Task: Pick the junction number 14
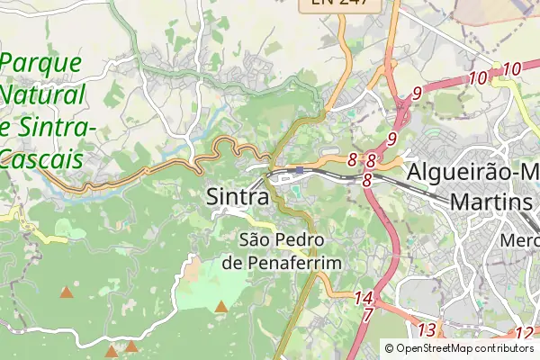[364, 297]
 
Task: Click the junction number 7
[367, 315]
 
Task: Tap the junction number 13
[427, 329]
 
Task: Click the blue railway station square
[300, 169]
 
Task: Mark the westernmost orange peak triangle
[66, 292]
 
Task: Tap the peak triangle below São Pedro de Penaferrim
[221, 307]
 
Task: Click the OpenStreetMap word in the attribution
[437, 348]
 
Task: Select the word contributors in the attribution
[505, 348]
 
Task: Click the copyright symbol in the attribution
[389, 348]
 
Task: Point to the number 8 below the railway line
[367, 180]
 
